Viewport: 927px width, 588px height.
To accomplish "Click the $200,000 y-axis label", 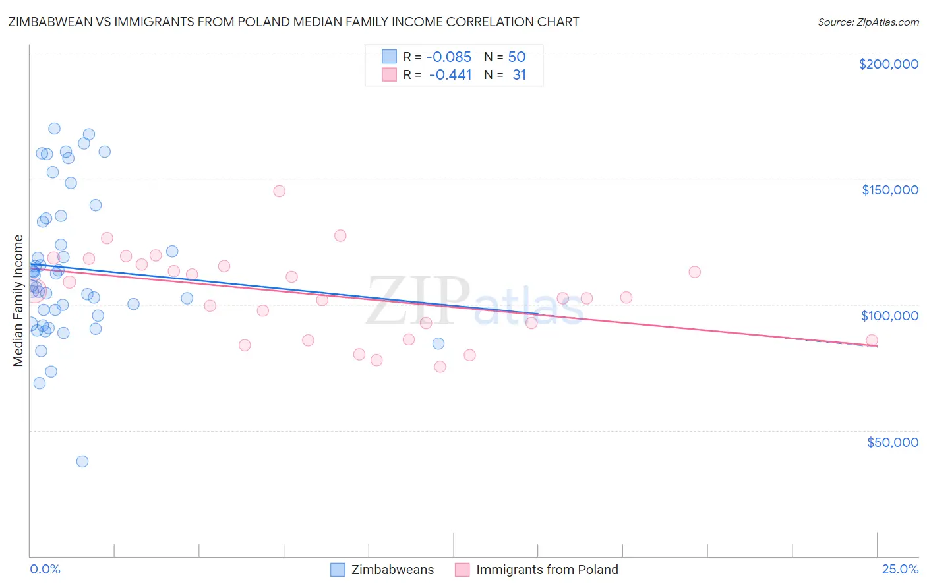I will pyautogui.click(x=888, y=64).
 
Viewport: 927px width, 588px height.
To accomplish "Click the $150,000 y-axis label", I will pyautogui.click(x=889, y=190).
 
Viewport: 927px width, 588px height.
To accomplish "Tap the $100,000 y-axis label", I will pyautogui.click(x=889, y=316).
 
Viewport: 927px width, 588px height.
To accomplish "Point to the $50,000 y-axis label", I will pyautogui.click(x=892, y=442).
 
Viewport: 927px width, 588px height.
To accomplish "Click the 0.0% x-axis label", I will pyautogui.click(x=45, y=569).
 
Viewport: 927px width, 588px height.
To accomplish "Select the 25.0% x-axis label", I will pyautogui.click(x=900, y=569).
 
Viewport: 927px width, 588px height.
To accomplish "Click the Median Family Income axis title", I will pyautogui.click(x=18, y=301).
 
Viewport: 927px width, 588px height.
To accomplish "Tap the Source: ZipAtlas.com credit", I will pyautogui.click(x=868, y=22).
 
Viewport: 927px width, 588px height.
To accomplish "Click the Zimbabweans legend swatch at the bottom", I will pyautogui.click(x=338, y=570).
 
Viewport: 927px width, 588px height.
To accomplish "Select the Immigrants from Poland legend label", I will pyautogui.click(x=547, y=570).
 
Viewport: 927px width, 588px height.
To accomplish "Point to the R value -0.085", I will pyautogui.click(x=449, y=57).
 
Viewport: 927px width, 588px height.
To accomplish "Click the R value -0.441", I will pyautogui.click(x=450, y=74).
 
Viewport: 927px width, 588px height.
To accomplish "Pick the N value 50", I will pyautogui.click(x=516, y=57).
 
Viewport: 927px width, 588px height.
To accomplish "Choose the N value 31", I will pyautogui.click(x=519, y=74).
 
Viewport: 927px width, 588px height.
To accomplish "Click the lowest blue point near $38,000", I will pyautogui.click(x=82, y=461).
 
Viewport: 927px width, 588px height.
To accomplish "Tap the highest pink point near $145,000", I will pyautogui.click(x=279, y=191).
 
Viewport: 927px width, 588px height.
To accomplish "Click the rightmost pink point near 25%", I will pyautogui.click(x=872, y=341).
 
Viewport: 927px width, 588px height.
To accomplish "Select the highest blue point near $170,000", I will pyautogui.click(x=55, y=129).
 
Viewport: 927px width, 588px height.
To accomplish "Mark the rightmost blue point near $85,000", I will pyautogui.click(x=438, y=343).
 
